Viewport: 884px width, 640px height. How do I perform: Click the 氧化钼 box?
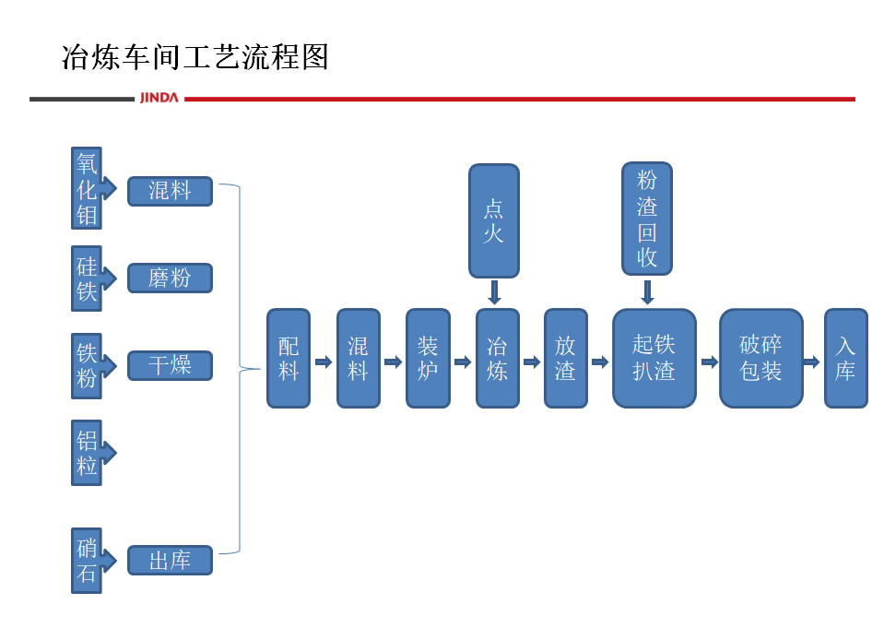coord(87,189)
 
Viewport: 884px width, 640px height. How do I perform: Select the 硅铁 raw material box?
coord(87,279)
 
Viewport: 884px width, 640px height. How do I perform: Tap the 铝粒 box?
coord(87,453)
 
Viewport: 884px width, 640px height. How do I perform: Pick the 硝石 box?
coord(87,561)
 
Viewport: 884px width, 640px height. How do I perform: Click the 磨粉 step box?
coord(170,279)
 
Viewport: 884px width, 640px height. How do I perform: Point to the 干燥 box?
coord(170,366)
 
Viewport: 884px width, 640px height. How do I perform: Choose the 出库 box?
coord(170,561)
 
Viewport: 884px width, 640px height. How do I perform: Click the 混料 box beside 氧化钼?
coord(170,191)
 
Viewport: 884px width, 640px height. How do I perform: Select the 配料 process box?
coord(289,359)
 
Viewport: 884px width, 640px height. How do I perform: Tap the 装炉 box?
coord(428,359)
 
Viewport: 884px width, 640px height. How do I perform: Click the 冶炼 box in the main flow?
coord(498,359)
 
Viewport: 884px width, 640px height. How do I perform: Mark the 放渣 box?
coord(565,359)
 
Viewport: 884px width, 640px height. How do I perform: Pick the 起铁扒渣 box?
coord(654,359)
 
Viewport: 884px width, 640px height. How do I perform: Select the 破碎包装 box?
coord(760,359)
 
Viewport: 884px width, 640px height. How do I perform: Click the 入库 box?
coord(845,359)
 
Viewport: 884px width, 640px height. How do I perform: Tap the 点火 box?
coord(494,220)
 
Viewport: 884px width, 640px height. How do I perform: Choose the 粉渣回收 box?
coord(647,219)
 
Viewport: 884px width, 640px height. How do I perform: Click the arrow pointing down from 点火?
coord(494,292)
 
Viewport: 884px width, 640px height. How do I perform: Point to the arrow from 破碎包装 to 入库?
coord(811,362)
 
